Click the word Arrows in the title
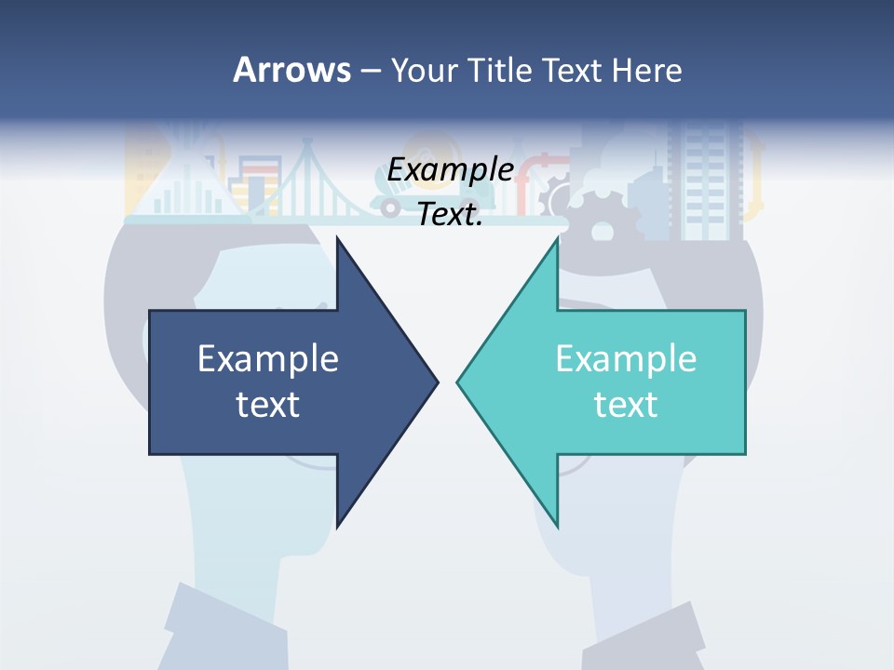click(x=291, y=70)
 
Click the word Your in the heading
click(x=424, y=71)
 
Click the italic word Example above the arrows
click(x=450, y=170)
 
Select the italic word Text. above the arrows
click(x=450, y=215)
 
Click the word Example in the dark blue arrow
click(x=268, y=359)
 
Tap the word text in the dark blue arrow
click(x=268, y=405)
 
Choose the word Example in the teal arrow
click(x=626, y=359)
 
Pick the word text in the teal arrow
click(x=626, y=405)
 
